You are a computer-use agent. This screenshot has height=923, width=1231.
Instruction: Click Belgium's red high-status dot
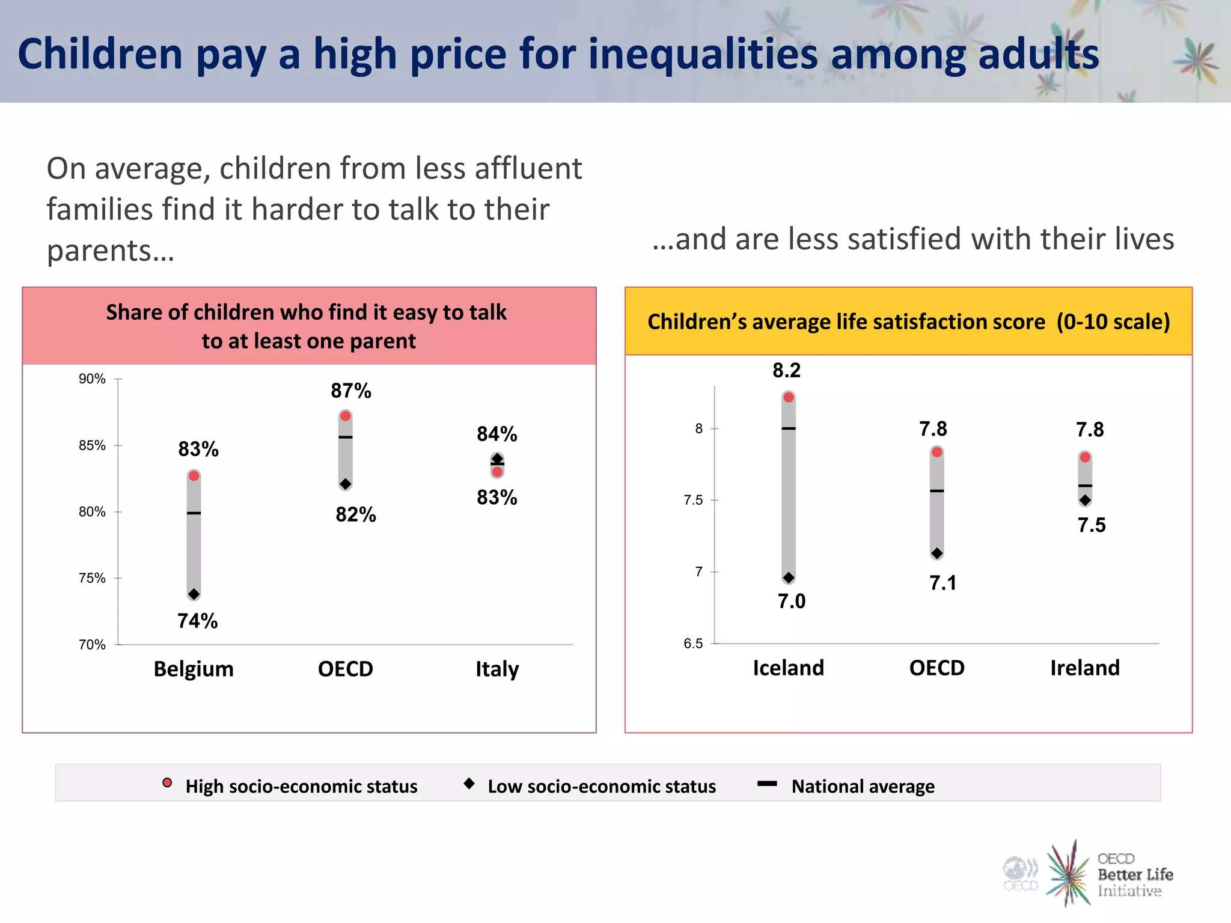click(x=194, y=476)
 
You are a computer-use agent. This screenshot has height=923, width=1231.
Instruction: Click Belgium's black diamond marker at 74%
click(x=194, y=594)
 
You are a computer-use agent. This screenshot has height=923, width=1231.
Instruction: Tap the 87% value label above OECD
click(x=351, y=391)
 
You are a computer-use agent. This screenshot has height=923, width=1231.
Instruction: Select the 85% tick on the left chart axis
click(x=92, y=445)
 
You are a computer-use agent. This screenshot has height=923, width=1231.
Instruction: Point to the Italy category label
click(x=496, y=669)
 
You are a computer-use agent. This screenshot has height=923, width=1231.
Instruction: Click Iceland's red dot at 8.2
click(x=789, y=397)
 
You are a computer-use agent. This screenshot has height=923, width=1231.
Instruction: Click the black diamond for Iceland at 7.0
click(x=789, y=578)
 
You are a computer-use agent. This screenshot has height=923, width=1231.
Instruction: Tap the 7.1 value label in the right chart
click(x=942, y=583)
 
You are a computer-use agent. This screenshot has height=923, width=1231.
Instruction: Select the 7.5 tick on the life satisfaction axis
click(x=693, y=500)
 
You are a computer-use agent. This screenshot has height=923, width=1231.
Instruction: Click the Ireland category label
click(x=1084, y=668)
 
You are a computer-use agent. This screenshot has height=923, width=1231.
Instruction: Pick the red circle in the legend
click(x=167, y=782)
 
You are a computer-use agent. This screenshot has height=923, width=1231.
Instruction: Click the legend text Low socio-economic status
click(x=601, y=786)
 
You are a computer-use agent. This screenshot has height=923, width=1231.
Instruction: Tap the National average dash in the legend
click(x=767, y=784)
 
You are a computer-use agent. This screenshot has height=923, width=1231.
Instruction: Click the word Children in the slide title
click(x=100, y=54)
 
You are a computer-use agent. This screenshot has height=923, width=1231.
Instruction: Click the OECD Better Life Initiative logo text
click(x=1134, y=874)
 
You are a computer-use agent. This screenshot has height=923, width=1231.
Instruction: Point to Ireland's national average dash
click(x=1085, y=486)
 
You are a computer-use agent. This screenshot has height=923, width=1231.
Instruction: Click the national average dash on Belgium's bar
click(x=194, y=513)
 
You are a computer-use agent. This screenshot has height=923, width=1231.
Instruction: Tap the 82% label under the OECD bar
click(x=355, y=514)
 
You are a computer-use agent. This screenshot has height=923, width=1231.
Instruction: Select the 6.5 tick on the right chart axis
click(x=693, y=644)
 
